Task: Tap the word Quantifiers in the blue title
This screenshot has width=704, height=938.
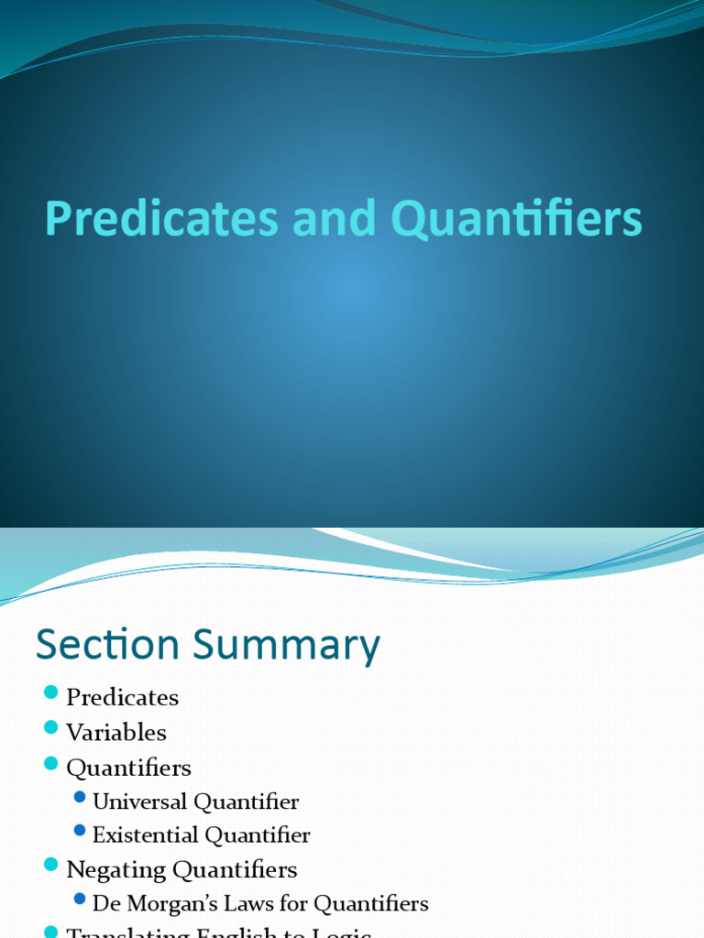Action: pos(516,220)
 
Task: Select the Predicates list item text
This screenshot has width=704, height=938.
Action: pos(122,697)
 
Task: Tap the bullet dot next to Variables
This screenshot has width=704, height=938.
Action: pos(49,727)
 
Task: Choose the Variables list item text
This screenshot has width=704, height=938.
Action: pos(116,733)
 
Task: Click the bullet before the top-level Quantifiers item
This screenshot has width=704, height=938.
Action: pos(49,762)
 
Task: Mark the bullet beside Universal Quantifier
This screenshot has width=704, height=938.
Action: pos(80,797)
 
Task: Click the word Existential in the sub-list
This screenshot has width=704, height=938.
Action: pos(145,835)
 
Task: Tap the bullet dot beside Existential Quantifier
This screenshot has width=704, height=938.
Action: pos(80,831)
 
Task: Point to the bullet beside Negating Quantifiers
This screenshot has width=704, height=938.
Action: pos(49,865)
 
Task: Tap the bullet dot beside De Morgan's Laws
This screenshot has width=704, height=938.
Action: pos(80,899)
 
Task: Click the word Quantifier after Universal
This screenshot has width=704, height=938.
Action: pos(246,802)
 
